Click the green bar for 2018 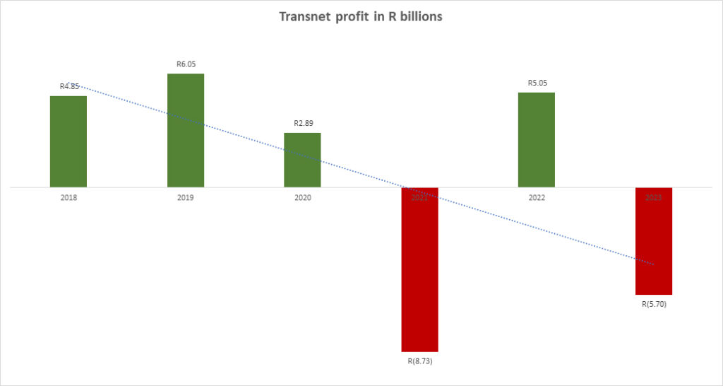pyautogui.click(x=68, y=141)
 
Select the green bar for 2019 pyautogui.click(x=186, y=131)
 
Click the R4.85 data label pyautogui.click(x=69, y=87)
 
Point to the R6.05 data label pyautogui.click(x=186, y=64)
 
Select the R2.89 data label pyautogui.click(x=303, y=123)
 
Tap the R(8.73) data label pyautogui.click(x=419, y=361)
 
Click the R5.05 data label pyautogui.click(x=537, y=83)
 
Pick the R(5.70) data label pyautogui.click(x=654, y=305)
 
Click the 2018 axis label pyautogui.click(x=68, y=198)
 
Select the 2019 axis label pyautogui.click(x=186, y=198)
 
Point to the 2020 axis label pyautogui.click(x=302, y=198)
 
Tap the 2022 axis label pyautogui.click(x=537, y=198)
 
